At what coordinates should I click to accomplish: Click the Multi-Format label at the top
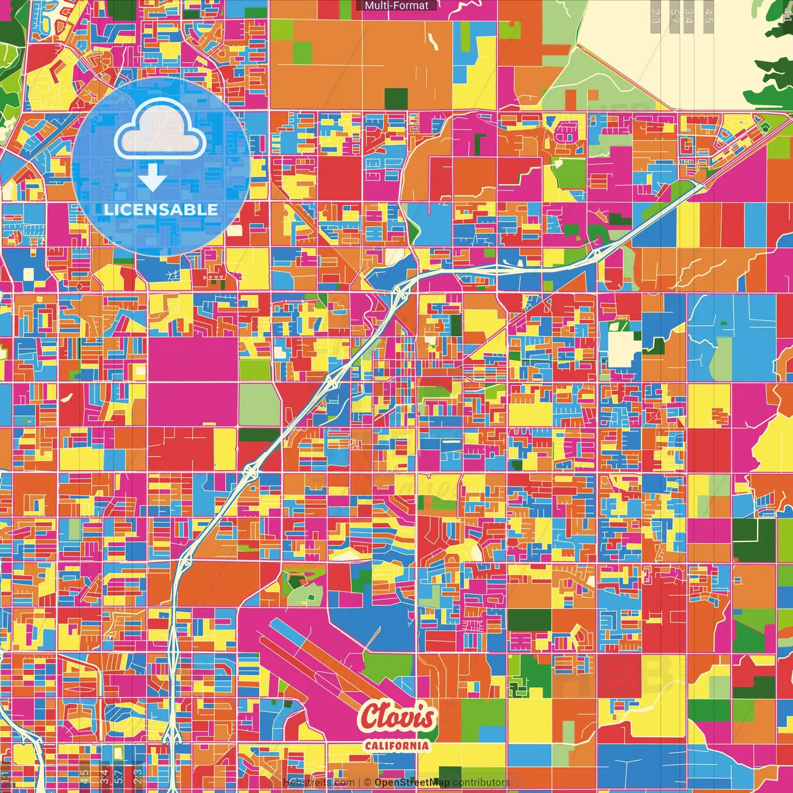[396, 6]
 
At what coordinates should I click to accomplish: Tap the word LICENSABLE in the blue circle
[161, 209]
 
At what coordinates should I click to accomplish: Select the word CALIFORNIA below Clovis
[396, 745]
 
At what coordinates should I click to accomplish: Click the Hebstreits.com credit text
[318, 782]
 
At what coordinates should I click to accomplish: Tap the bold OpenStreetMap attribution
[412, 782]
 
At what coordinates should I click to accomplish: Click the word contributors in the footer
[481, 782]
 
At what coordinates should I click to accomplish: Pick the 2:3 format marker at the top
[655, 16]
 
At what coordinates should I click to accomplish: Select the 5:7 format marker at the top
[674, 16]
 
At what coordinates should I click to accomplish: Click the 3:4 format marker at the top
[689, 16]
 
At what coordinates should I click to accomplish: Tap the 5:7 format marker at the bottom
[119, 776]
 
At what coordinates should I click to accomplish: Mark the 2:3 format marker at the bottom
[138, 776]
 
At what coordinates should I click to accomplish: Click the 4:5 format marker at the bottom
[84, 776]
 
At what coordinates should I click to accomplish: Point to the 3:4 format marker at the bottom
[104, 776]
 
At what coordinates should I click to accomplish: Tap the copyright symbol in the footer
[367, 782]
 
